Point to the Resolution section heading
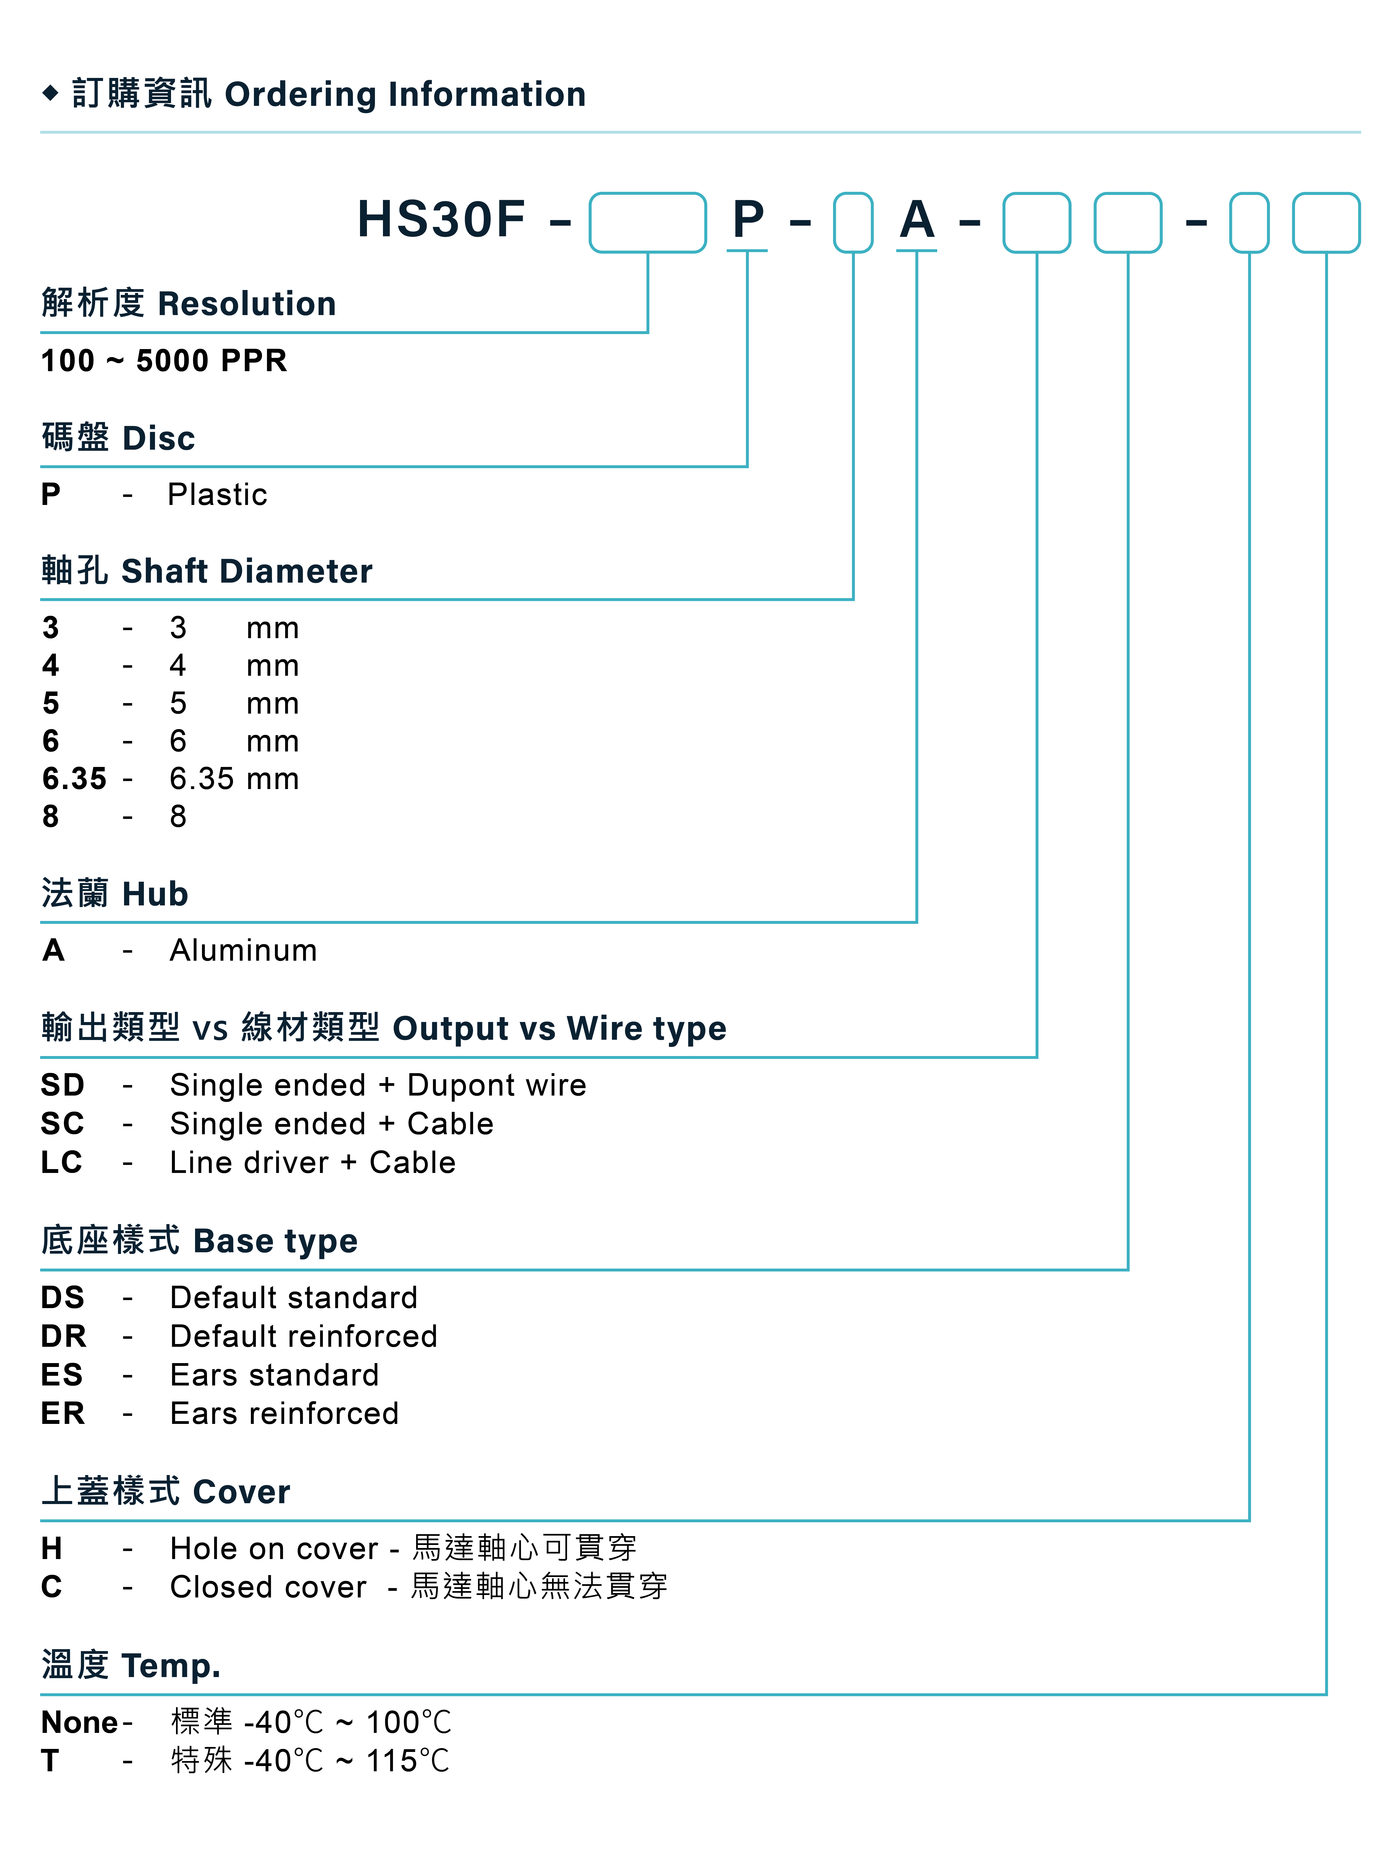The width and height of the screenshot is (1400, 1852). click(189, 303)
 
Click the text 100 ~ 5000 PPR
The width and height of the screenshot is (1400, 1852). click(164, 361)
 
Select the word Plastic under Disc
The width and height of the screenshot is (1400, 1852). click(217, 495)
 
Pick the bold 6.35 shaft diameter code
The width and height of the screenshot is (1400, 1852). click(75, 779)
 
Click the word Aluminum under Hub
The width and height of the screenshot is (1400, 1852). click(243, 950)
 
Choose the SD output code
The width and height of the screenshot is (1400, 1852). click(63, 1085)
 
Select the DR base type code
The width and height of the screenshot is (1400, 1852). click(64, 1336)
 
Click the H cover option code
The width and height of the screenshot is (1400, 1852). click(52, 1549)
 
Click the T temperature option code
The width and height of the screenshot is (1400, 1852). click(50, 1761)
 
